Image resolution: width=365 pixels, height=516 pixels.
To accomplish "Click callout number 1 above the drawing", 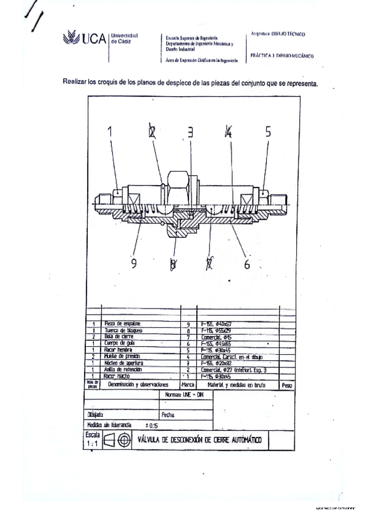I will [x=111, y=130].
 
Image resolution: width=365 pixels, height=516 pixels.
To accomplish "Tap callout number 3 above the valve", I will [x=190, y=131].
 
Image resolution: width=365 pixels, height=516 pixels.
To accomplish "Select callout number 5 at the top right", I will [x=267, y=130].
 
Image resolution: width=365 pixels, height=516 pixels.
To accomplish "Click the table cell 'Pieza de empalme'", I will [x=123, y=324].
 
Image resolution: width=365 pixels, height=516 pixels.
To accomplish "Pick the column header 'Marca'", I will [x=188, y=385].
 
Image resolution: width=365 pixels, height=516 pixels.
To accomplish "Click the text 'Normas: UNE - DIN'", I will [x=186, y=395].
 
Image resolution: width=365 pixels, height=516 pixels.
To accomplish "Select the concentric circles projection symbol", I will [x=124, y=440].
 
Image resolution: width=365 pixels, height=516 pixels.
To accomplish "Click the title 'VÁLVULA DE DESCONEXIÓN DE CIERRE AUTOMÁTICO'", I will [x=200, y=440].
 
